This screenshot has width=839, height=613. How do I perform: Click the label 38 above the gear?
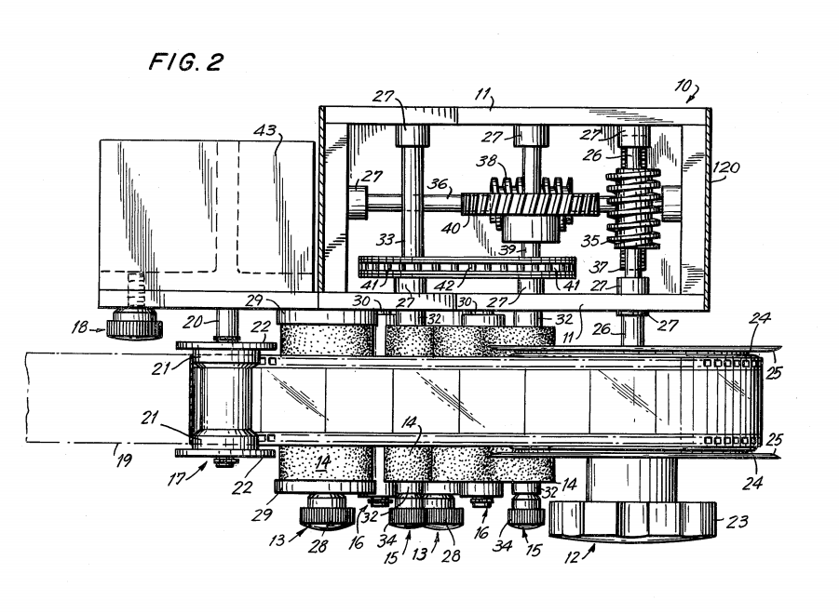coord(487,161)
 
